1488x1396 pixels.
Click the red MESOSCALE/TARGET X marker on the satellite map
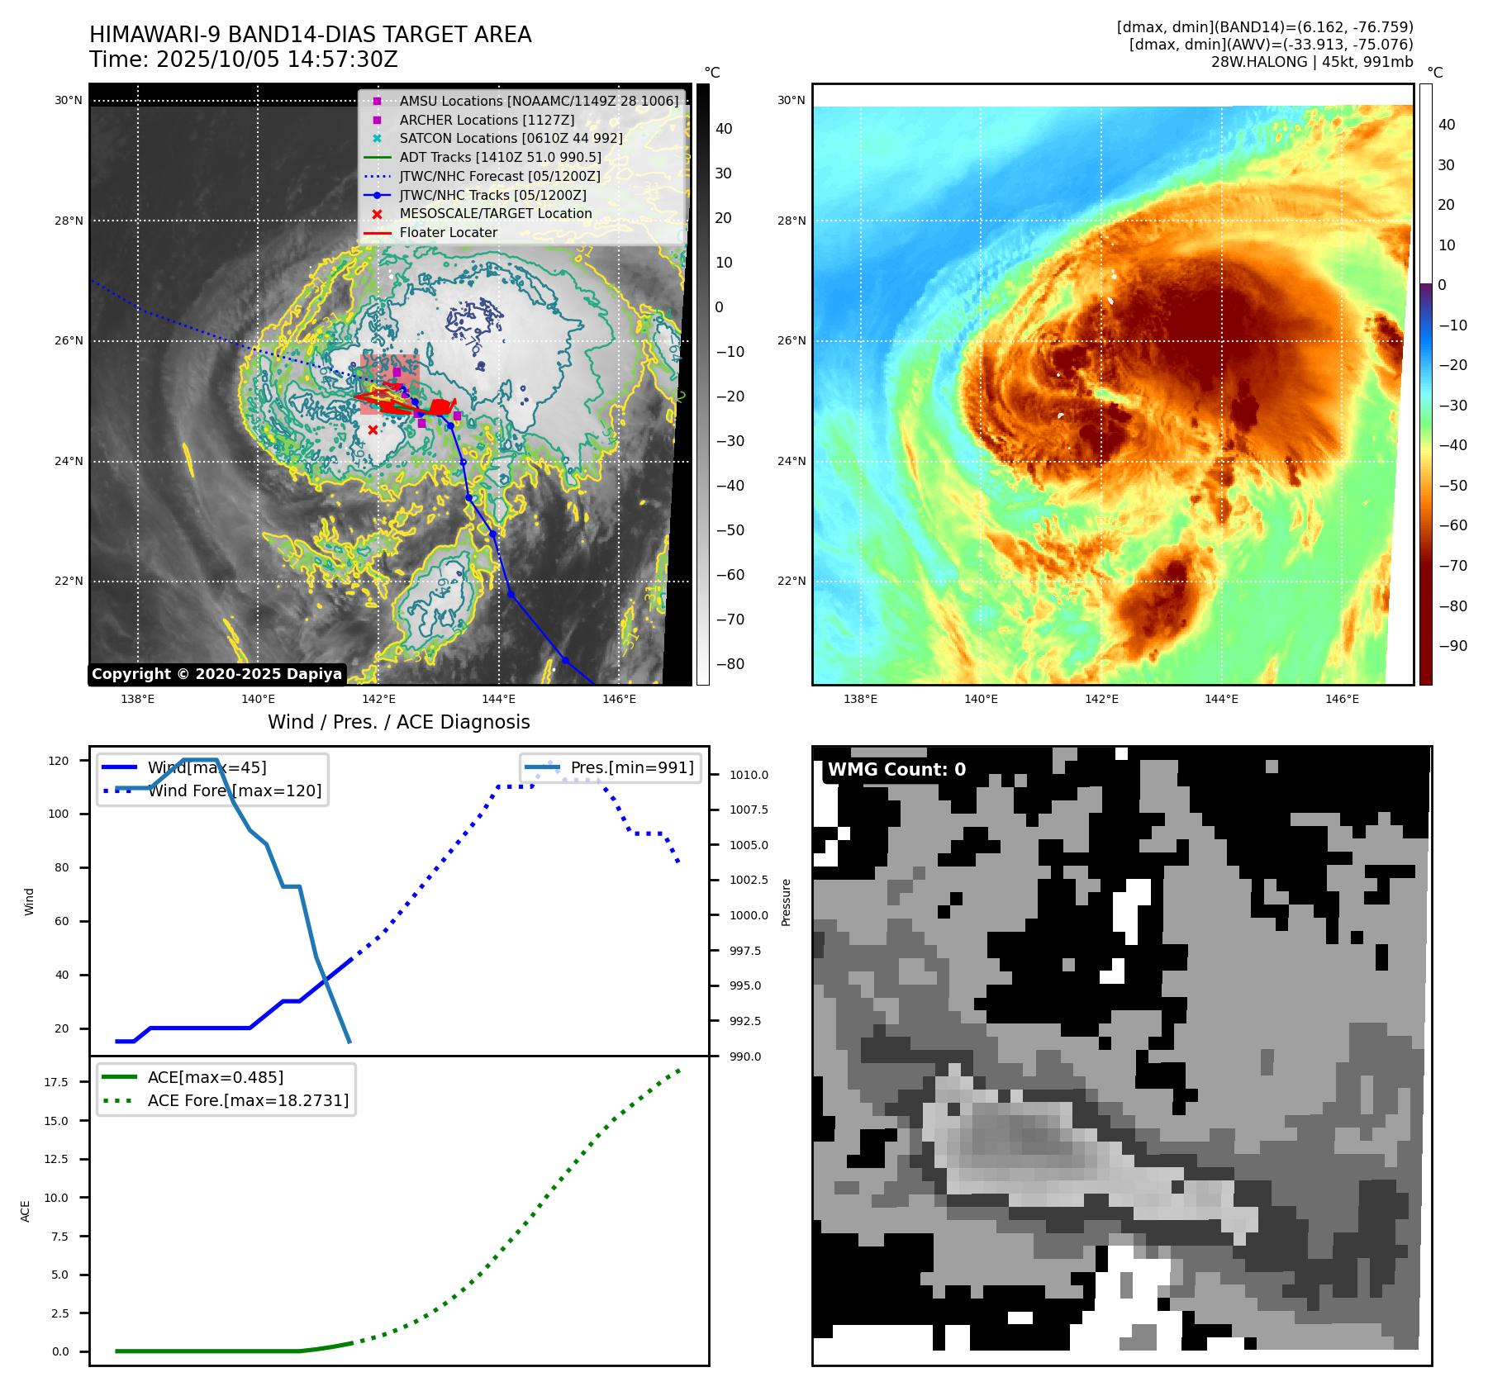pyautogui.click(x=373, y=430)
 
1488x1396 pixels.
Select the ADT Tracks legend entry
pyautogui.click(x=500, y=157)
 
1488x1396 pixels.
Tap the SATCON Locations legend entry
pyautogui.click(x=511, y=138)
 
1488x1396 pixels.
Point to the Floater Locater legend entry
pyautogui.click(x=448, y=232)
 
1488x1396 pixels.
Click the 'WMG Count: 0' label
pyautogui.click(x=896, y=770)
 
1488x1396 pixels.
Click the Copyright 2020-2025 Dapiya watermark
pyautogui.click(x=216, y=674)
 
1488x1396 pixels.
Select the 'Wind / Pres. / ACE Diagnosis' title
pyautogui.click(x=398, y=722)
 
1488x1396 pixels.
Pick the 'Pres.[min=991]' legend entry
pyautogui.click(x=632, y=767)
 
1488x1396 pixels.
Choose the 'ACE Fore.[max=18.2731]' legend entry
pyautogui.click(x=248, y=1100)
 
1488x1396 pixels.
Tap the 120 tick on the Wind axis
pyautogui.click(x=59, y=761)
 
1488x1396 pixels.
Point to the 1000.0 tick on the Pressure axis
pyautogui.click(x=749, y=915)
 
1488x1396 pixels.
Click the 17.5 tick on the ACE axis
pyautogui.click(x=56, y=1082)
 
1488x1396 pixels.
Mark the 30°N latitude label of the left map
pyautogui.click(x=69, y=101)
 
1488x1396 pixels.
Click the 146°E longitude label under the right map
pyautogui.click(x=1342, y=699)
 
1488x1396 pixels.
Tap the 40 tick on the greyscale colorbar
pyautogui.click(x=724, y=129)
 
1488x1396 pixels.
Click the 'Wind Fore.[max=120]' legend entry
pyautogui.click(x=235, y=791)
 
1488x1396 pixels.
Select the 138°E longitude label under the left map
pyautogui.click(x=137, y=699)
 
